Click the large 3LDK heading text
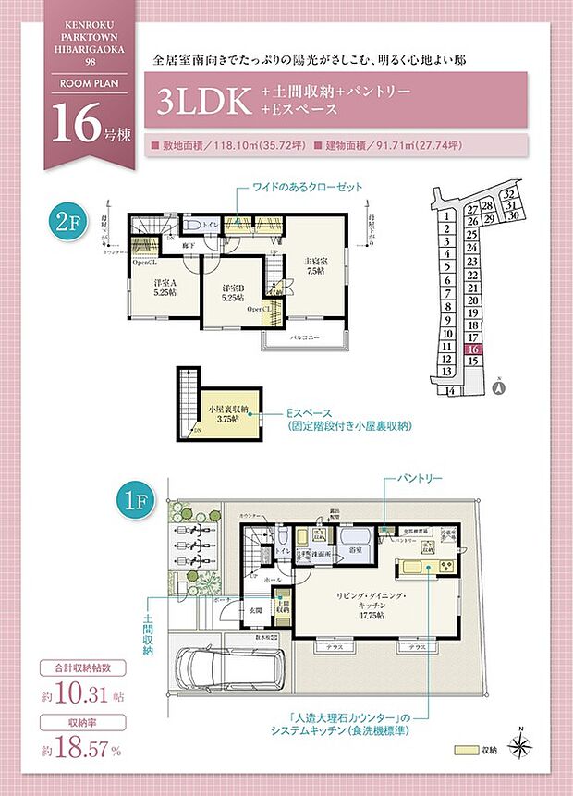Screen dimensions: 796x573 [204, 100]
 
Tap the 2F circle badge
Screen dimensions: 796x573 [66, 222]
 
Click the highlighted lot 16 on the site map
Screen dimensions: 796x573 [472, 349]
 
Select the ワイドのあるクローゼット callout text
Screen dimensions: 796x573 [308, 187]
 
